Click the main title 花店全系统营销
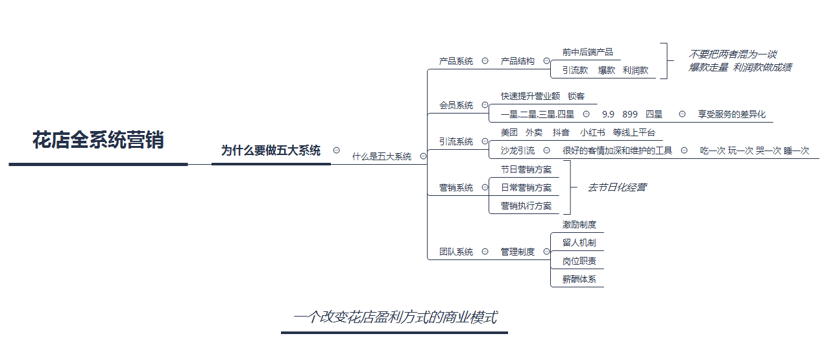(x=98, y=140)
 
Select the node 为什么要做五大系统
(x=271, y=150)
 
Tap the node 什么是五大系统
(x=382, y=156)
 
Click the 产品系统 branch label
(x=456, y=61)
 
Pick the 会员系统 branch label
(x=456, y=105)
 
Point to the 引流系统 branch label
(x=456, y=141)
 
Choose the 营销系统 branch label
(x=456, y=187)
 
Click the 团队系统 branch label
(x=456, y=252)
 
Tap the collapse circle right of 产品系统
(x=485, y=60)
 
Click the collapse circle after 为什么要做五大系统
(x=336, y=150)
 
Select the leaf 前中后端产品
(x=587, y=53)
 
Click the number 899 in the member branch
(x=630, y=114)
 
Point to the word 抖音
(x=561, y=132)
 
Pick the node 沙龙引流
(x=518, y=150)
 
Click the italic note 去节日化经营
(x=617, y=187)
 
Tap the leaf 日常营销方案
(x=526, y=187)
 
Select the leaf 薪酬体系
(x=579, y=280)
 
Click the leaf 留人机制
(x=579, y=243)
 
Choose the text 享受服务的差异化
(x=732, y=114)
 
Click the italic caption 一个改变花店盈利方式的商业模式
(x=395, y=317)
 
